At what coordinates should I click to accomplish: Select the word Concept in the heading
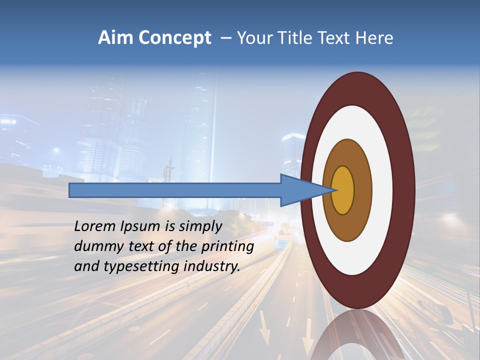click(x=174, y=38)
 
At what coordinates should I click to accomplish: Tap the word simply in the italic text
click(x=199, y=227)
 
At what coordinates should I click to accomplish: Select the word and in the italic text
click(x=85, y=266)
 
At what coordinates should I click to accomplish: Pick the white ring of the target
click(x=382, y=190)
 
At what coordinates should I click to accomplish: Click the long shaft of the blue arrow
click(x=175, y=190)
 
